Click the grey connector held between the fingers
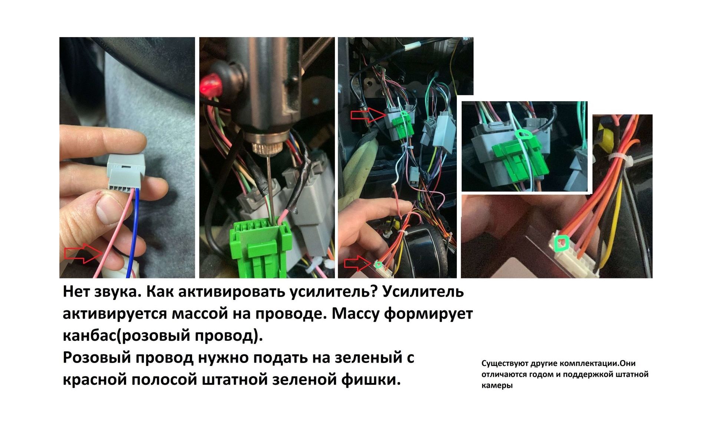point(126,172)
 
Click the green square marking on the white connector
point(561,243)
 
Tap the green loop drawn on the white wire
point(524,133)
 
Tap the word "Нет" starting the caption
point(76,292)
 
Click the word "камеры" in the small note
point(497,386)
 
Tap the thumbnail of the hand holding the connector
point(127,158)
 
